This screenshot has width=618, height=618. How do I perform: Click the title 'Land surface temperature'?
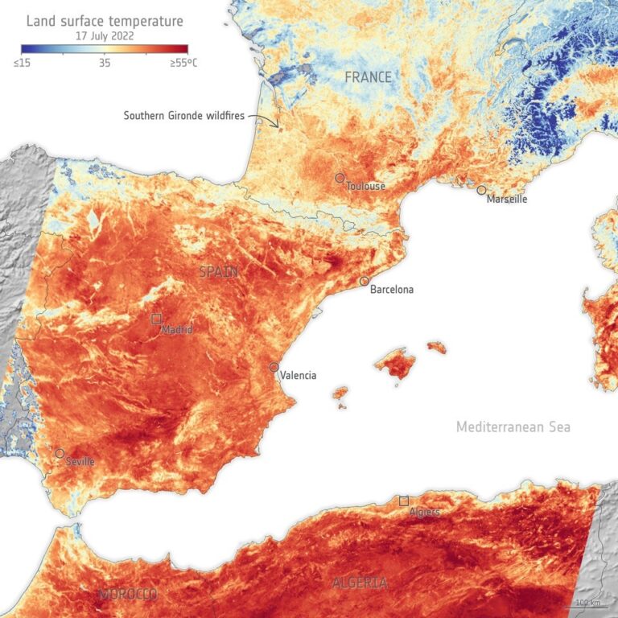(x=105, y=21)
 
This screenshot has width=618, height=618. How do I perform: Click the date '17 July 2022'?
(x=105, y=36)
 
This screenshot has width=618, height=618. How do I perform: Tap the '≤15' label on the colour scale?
(x=22, y=62)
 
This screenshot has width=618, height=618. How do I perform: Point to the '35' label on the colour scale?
(x=105, y=62)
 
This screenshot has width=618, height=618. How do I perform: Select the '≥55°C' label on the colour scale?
(x=182, y=62)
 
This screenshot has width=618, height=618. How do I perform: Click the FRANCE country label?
(x=368, y=77)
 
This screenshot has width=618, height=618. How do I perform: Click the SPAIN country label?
(x=218, y=272)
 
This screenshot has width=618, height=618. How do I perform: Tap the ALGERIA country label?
(x=360, y=583)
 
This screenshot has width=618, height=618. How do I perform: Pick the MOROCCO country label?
(x=129, y=594)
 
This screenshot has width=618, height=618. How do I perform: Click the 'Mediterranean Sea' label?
(x=513, y=427)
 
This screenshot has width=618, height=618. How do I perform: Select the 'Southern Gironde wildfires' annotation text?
(x=183, y=116)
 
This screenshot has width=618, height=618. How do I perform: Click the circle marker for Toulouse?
(x=340, y=178)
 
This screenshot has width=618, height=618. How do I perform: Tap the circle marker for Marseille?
(x=481, y=191)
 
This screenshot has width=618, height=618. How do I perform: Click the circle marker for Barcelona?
(x=365, y=282)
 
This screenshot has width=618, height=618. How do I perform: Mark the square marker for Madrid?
(x=157, y=319)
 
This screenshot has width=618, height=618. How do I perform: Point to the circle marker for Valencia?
(x=274, y=367)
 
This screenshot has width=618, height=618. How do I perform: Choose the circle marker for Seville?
(x=60, y=454)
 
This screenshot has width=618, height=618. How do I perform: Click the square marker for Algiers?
(x=403, y=501)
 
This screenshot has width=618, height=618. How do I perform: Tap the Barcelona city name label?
(x=391, y=290)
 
